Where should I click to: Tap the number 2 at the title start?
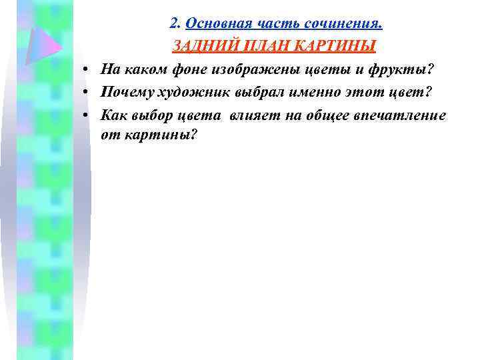tap(174, 25)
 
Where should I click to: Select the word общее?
tap(325, 114)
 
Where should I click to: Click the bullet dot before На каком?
tap(87, 69)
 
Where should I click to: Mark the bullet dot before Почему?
tap(87, 92)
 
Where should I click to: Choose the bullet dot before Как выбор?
tap(87, 115)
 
